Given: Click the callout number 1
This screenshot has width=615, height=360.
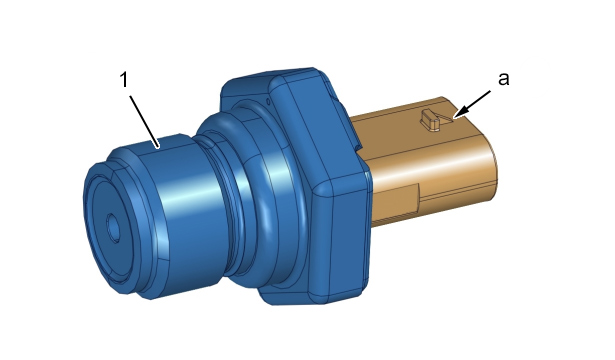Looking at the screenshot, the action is tap(124, 80).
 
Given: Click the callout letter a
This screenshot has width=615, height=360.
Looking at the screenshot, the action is tap(504, 78).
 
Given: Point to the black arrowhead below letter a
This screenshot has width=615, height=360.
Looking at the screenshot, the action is tap(461, 111).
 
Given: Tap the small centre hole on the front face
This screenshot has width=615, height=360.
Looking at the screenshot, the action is tap(113, 227).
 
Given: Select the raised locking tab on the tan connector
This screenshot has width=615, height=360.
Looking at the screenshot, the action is tap(430, 119).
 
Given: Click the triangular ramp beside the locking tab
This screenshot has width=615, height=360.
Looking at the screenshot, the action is tap(447, 116).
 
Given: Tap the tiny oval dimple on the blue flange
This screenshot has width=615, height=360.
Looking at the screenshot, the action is tap(268, 102).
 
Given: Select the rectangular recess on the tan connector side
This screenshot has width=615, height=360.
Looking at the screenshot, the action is tap(396, 201).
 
